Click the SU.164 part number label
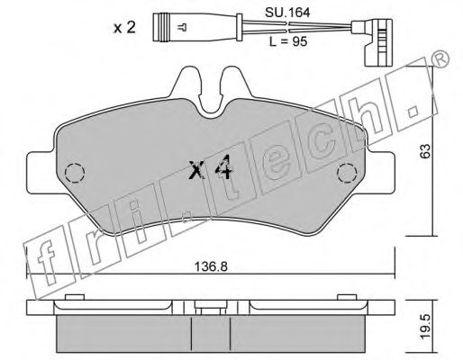pyautogui.click(x=287, y=13)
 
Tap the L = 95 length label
pyautogui.click(x=288, y=41)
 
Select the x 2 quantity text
pyautogui.click(x=124, y=28)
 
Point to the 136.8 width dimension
pyautogui.click(x=211, y=266)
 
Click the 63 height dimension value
pyautogui.click(x=425, y=151)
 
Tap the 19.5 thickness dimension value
pyautogui.click(x=425, y=327)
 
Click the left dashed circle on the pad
pyautogui.click(x=75, y=173)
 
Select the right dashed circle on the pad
pyautogui.click(x=347, y=173)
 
